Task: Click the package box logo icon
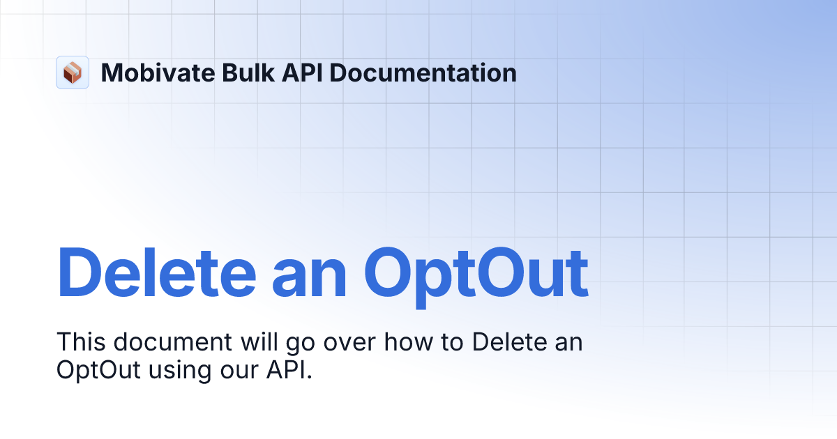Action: pos(73,72)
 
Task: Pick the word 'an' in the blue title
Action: pos(310,272)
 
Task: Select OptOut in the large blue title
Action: pos(476,272)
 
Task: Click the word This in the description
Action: pos(80,343)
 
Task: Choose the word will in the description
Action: pos(259,343)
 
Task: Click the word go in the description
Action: pos(299,343)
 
